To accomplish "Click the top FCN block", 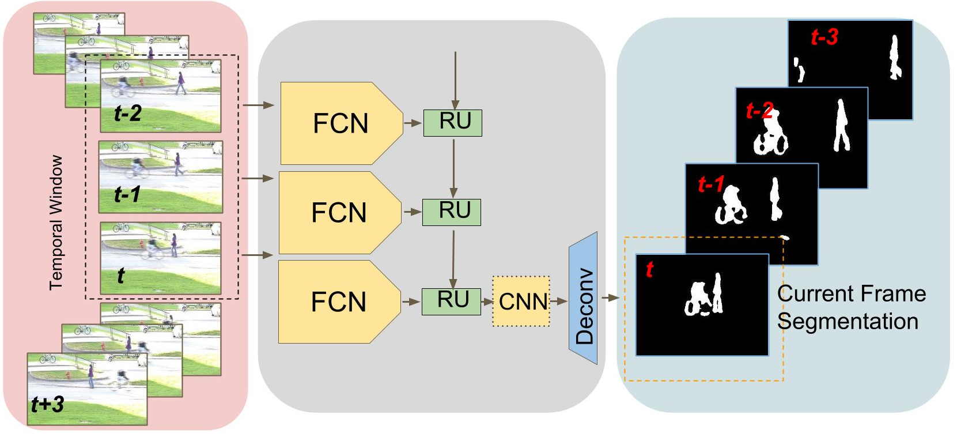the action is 341,123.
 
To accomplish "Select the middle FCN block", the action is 340,213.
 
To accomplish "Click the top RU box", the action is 453,123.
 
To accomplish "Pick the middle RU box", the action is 452,212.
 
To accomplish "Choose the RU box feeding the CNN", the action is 451,302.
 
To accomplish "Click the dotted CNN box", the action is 521,302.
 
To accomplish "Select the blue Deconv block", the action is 582,299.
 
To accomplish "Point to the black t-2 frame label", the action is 128,114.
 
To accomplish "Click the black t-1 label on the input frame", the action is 127,194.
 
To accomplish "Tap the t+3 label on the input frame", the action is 47,404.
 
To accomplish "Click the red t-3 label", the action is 824,37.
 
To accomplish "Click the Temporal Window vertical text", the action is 56,223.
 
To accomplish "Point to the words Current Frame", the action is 852,294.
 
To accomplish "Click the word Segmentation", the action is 848,322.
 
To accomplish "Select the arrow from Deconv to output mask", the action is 611,297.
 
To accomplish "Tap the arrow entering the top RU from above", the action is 455,80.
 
